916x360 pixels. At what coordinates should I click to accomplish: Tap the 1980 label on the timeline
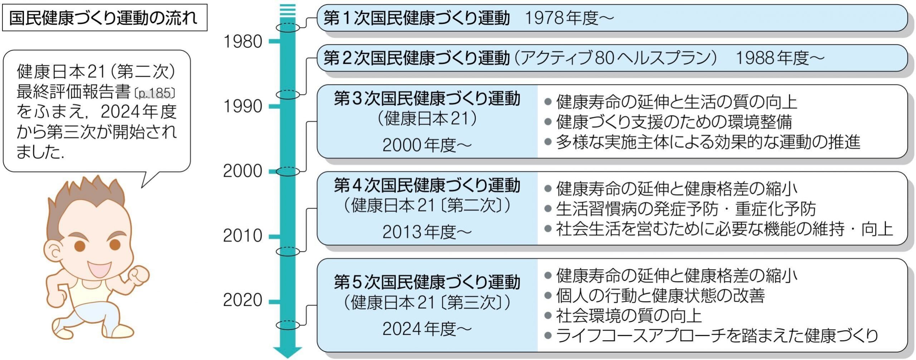tap(243, 42)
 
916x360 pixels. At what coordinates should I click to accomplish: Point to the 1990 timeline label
tap(243, 106)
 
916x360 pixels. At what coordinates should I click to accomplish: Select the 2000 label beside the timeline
tap(243, 171)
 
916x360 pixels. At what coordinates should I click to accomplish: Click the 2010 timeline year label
tap(243, 236)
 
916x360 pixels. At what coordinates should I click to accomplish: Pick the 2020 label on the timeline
tap(243, 300)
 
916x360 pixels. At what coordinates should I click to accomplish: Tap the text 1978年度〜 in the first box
tap(569, 18)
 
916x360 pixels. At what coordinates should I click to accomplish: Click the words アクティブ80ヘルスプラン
tap(615, 58)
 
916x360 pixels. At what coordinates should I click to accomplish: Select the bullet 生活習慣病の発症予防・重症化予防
tap(685, 209)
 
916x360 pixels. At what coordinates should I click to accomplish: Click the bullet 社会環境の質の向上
tap(628, 316)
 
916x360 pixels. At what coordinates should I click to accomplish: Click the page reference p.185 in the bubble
tap(155, 93)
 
